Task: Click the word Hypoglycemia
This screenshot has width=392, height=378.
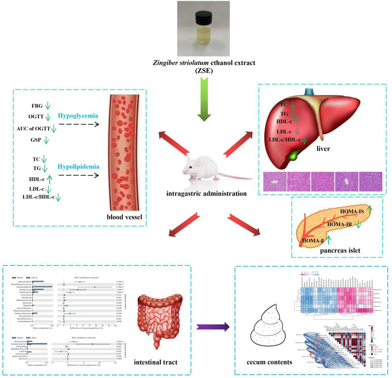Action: tap(78, 116)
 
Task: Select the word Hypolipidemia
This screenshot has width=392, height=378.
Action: tap(78, 167)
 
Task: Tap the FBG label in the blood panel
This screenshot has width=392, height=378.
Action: tap(37, 106)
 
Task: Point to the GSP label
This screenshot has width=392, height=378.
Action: tap(36, 140)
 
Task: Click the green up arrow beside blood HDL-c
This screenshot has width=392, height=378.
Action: tap(50, 179)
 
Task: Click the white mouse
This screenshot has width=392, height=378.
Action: tap(202, 168)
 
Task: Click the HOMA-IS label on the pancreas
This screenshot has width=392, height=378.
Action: tap(352, 211)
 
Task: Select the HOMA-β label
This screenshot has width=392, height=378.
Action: tap(313, 241)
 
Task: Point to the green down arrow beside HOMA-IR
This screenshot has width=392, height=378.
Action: tap(358, 224)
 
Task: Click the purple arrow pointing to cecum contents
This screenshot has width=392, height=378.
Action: tap(213, 327)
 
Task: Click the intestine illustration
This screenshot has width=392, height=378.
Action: tap(160, 319)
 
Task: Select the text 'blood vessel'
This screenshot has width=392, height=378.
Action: tap(124, 217)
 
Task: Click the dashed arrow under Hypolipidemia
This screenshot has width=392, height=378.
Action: tap(79, 175)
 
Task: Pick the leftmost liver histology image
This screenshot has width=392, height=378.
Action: tap(275, 182)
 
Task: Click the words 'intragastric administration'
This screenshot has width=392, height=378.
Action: tap(206, 194)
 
